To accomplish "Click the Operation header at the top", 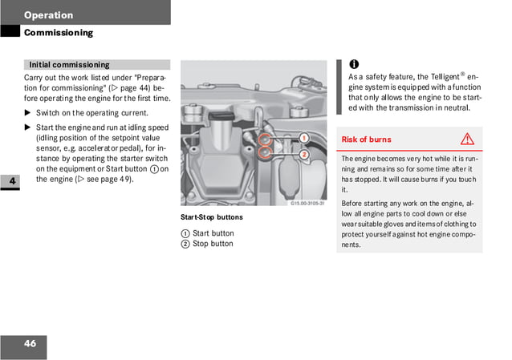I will tap(48, 14).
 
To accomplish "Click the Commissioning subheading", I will tap(58, 33).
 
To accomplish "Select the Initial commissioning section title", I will tap(69, 64).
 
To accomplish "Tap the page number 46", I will tap(30, 344).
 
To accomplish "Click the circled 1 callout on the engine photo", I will tap(304, 138).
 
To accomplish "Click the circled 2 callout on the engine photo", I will tap(304, 154).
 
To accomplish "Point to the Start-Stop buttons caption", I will tap(211, 217).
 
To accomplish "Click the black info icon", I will tap(354, 64).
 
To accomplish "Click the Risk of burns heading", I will tap(367, 140).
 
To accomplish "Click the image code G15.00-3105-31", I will tap(307, 204).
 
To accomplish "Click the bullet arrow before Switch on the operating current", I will tap(27, 113).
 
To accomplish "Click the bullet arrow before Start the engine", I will tap(27, 127).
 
